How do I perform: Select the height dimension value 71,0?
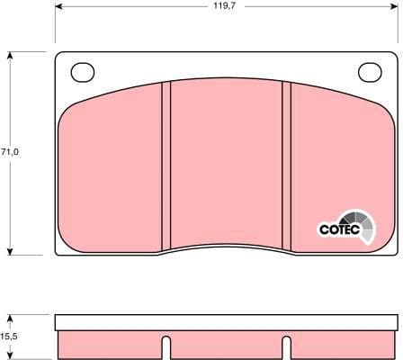coord(10,151)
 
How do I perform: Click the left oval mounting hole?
coord(83,71)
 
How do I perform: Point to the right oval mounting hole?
coord(370,71)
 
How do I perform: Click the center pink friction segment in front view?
coord(226,162)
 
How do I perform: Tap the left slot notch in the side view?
coord(166,346)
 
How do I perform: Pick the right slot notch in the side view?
coord(287,346)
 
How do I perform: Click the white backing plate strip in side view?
coord(226,322)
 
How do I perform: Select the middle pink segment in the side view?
coord(226,344)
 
